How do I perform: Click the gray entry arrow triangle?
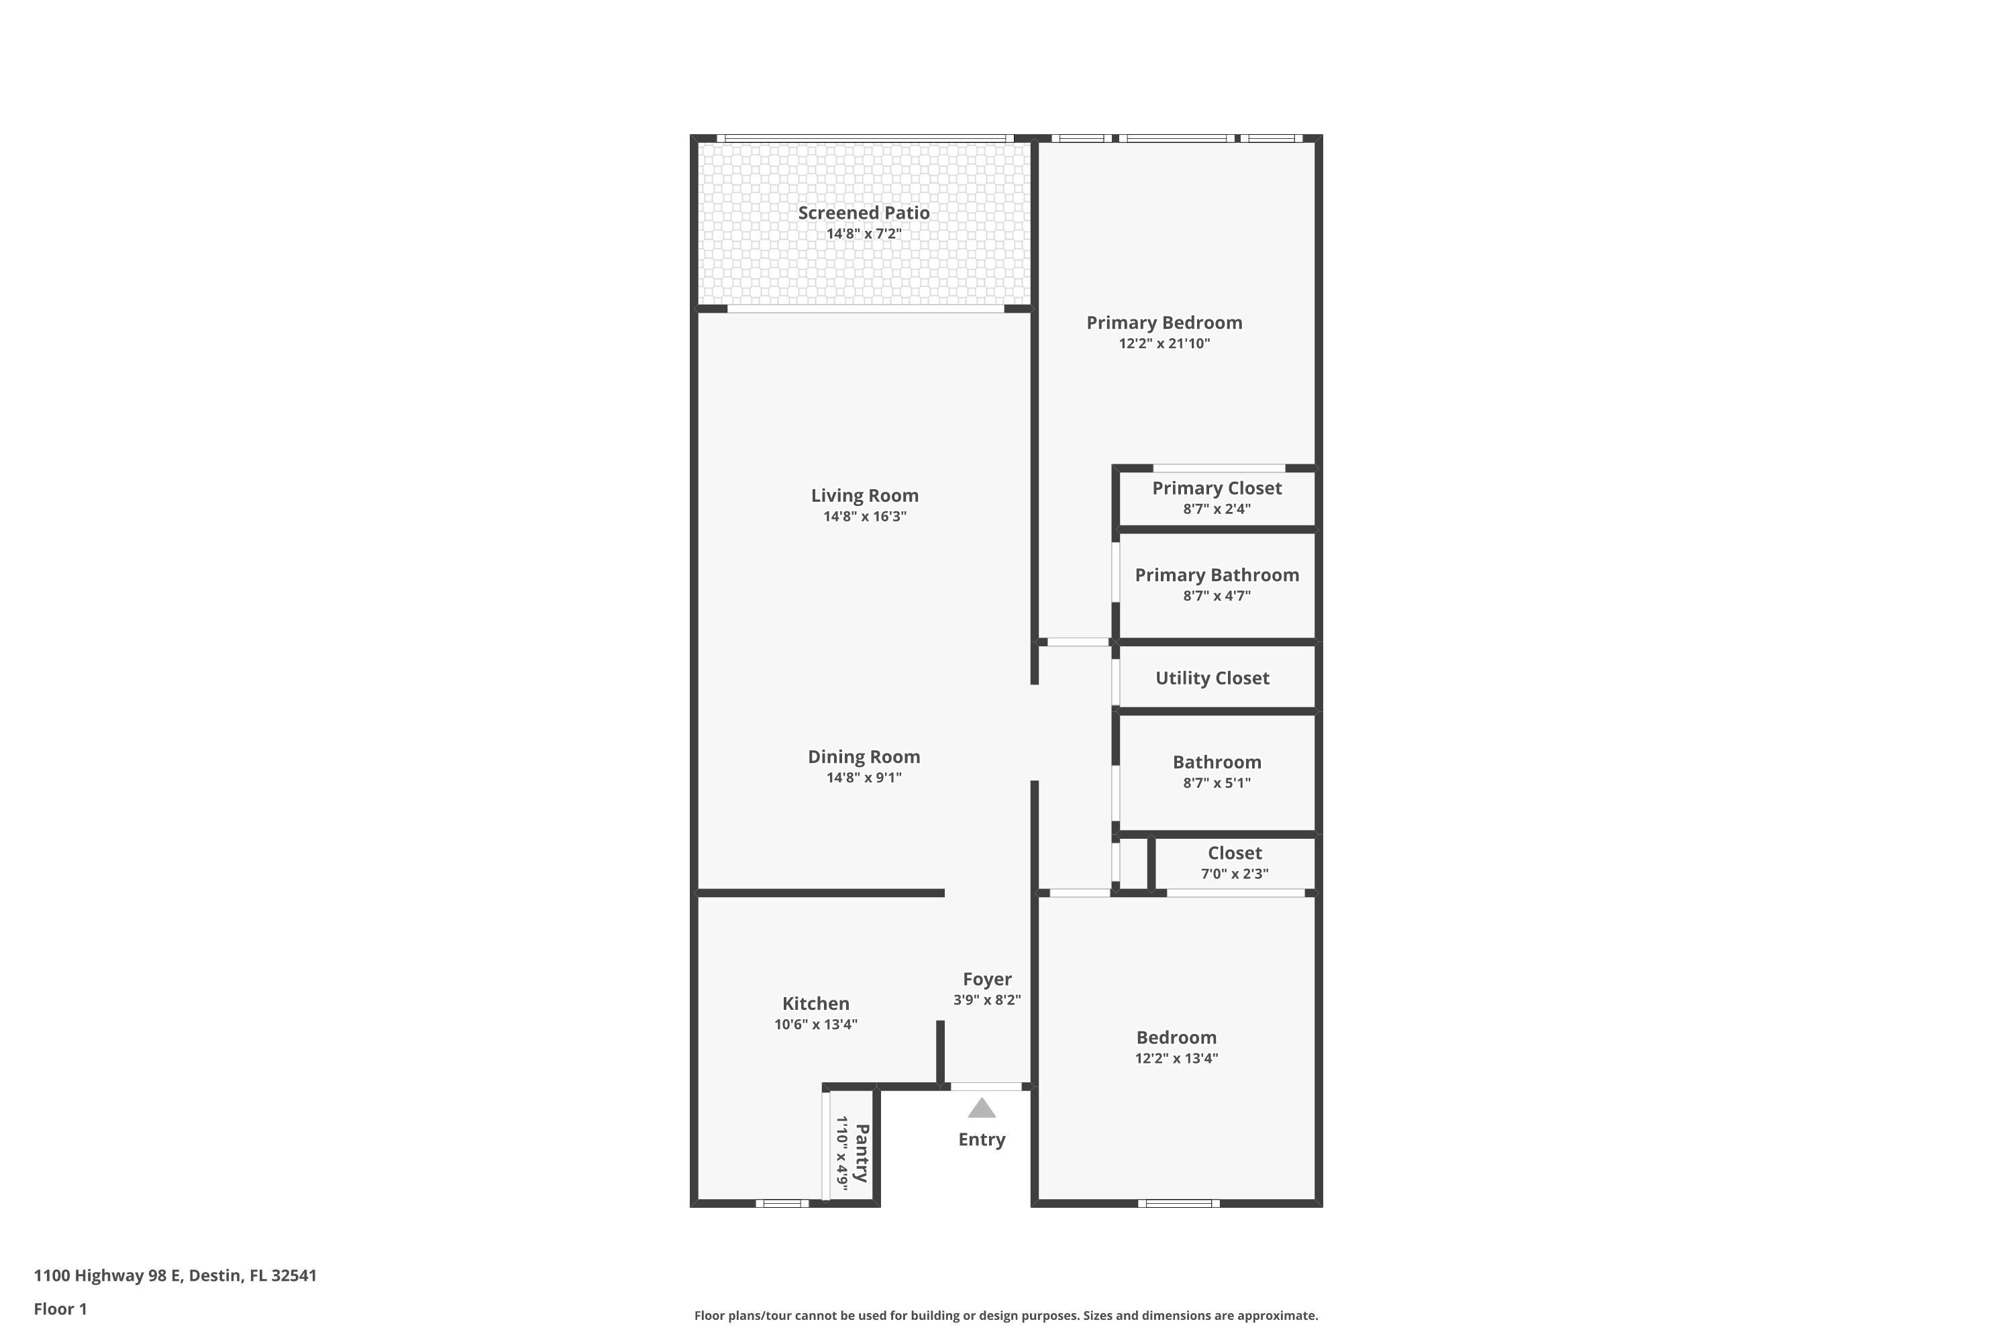pos(981,1108)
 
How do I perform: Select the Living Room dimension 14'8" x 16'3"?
pos(864,516)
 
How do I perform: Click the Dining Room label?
pos(864,757)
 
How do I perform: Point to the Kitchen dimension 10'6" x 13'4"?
pos(816,1025)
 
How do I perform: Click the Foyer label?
pos(987,979)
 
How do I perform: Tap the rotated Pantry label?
pos(862,1152)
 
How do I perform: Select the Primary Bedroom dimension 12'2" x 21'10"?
pos(1164,343)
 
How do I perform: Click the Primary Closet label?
pos(1216,488)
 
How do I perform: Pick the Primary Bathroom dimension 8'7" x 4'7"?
pos(1216,596)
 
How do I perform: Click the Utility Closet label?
pos(1212,678)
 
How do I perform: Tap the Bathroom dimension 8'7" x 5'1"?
pos(1216,782)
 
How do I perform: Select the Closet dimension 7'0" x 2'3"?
pos(1234,874)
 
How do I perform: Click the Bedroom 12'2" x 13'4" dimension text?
pos(1176,1058)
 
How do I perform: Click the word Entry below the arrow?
pos(981,1139)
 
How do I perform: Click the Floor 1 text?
pos(60,1308)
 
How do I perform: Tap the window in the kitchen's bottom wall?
pos(782,1203)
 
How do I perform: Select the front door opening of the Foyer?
pos(986,1087)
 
